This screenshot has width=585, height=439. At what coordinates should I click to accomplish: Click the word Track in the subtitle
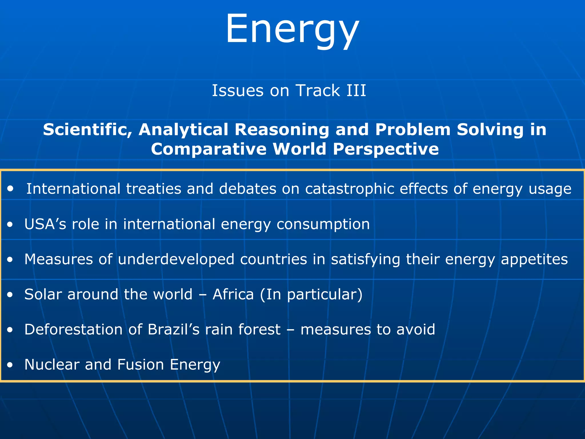317,91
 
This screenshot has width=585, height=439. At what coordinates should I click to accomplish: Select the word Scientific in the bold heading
87,129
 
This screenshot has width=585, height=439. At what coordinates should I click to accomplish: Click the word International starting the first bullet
73,189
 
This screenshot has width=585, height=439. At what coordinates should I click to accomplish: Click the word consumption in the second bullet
323,224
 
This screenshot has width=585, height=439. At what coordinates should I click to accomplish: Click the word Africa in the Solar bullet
233,294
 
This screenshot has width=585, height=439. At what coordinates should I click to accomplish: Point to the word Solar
43,294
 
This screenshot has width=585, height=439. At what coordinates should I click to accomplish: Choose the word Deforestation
73,330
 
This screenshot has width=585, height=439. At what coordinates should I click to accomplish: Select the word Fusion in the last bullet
141,365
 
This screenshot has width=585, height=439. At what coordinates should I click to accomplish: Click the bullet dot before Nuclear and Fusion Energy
10,365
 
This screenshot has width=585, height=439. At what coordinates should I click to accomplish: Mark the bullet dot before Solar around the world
10,295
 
